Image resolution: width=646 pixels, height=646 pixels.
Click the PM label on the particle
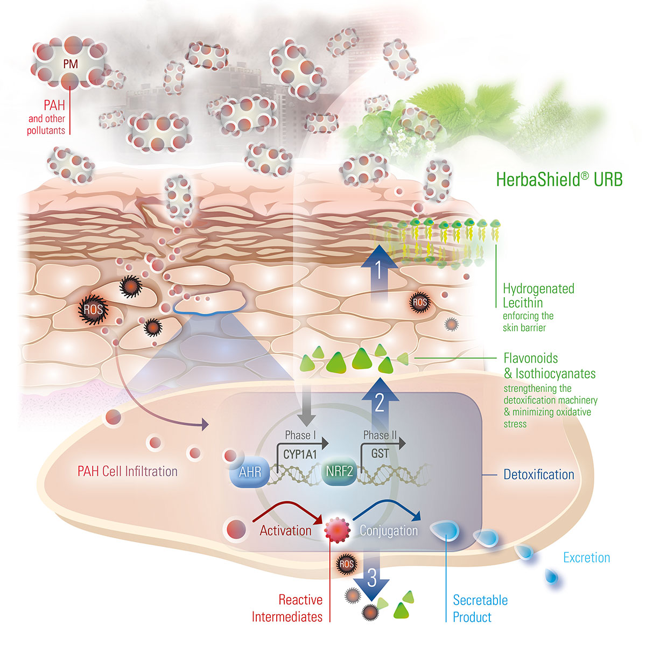pos(70,64)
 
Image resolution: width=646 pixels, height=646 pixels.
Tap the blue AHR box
pos(250,472)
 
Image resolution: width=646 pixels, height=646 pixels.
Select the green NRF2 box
pos(340,472)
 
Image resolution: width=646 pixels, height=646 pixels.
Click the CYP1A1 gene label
pos(300,454)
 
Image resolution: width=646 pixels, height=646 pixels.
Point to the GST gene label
pos(380,454)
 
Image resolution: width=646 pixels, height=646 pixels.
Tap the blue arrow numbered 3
pos(372,579)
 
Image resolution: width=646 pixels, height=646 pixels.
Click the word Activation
pos(285,531)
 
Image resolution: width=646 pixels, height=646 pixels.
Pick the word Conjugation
pos(388,531)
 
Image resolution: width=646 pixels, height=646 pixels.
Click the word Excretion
pos(586,558)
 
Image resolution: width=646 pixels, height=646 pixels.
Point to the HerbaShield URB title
pos(559,179)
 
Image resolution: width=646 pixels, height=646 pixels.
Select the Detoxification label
pos(538,475)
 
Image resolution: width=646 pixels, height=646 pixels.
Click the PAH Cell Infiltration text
pos(127,472)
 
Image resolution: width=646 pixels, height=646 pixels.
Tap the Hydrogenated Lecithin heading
pos(538,296)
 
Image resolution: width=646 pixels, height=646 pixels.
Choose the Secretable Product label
pos(480,608)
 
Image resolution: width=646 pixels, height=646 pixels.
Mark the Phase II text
pos(380,435)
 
